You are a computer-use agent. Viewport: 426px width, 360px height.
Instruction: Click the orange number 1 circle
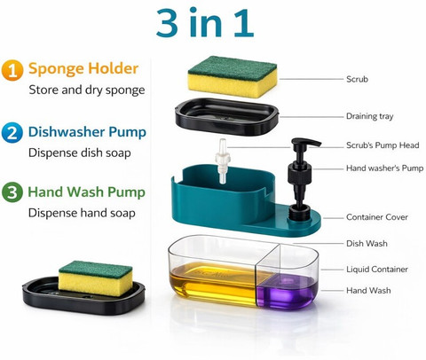[12, 70]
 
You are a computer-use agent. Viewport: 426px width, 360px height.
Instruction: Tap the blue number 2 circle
[12, 133]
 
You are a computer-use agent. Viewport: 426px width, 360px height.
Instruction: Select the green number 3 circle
[12, 192]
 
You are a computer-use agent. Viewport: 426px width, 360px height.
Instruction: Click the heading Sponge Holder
[83, 69]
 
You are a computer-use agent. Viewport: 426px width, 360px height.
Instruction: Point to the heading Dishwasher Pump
[87, 132]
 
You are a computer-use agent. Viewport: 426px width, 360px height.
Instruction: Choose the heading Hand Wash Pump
[86, 192]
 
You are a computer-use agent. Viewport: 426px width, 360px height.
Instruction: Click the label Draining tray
[370, 116]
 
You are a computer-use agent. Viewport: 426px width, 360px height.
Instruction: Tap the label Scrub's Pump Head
[383, 145]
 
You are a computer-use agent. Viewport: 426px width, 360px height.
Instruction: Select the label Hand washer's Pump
[385, 168]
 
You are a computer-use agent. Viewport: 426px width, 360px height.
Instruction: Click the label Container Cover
[377, 217]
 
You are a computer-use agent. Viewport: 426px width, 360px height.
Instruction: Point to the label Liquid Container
[377, 270]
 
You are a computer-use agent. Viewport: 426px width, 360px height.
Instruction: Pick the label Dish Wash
[367, 244]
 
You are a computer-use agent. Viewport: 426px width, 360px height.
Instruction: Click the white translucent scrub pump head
[223, 161]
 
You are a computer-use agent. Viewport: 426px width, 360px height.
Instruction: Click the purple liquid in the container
[285, 292]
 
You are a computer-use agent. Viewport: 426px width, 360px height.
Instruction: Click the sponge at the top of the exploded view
[233, 76]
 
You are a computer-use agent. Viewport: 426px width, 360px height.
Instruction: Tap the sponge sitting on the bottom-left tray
[95, 278]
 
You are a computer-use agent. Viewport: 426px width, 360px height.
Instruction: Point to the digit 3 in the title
[167, 23]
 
